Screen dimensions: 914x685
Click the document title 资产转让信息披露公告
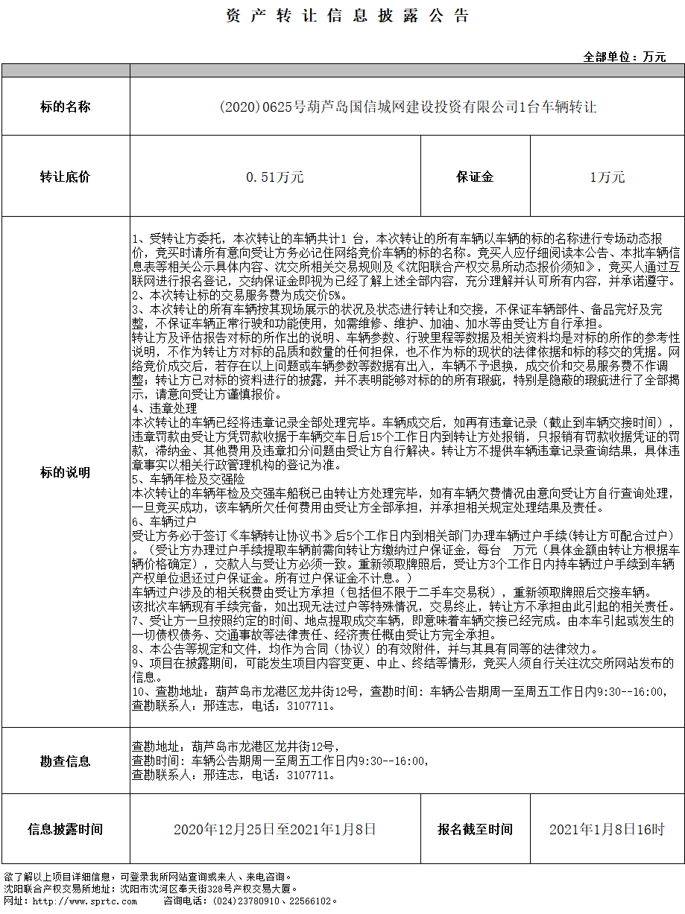pyautogui.click(x=347, y=16)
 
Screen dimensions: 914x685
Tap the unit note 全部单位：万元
pyautogui.click(x=625, y=57)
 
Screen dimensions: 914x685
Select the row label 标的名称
pyautogui.click(x=66, y=107)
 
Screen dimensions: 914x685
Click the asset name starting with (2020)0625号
pyautogui.click(x=408, y=107)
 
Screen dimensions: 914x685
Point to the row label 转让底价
pyautogui.click(x=66, y=177)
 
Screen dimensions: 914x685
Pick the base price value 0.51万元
pyautogui.click(x=275, y=177)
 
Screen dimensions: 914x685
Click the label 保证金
pyautogui.click(x=476, y=177)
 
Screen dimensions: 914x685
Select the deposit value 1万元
pyautogui.click(x=607, y=177)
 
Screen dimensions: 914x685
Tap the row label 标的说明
pyautogui.click(x=66, y=473)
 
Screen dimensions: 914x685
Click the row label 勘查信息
pyautogui.click(x=66, y=761)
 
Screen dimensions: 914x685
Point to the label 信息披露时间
pyautogui.click(x=66, y=829)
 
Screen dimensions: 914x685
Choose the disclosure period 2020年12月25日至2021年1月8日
pyautogui.click(x=275, y=829)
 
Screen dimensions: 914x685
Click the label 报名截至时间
pyautogui.click(x=476, y=829)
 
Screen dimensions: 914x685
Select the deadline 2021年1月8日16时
pyautogui.click(x=607, y=829)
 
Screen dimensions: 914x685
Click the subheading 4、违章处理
pyautogui.click(x=165, y=409)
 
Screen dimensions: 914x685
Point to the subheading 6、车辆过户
pyautogui.click(x=164, y=521)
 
